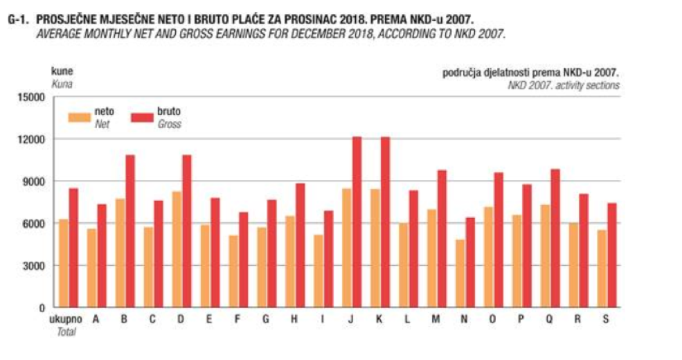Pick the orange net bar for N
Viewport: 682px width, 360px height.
coord(459,273)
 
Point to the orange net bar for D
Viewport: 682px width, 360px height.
coord(177,249)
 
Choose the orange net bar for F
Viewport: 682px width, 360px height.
coord(233,271)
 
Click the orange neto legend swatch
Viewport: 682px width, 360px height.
coord(79,116)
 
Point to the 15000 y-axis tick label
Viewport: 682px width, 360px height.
coord(33,97)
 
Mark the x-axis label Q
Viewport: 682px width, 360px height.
coord(550,320)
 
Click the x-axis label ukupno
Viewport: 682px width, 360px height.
coord(68,320)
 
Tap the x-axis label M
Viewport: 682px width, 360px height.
coord(436,320)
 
